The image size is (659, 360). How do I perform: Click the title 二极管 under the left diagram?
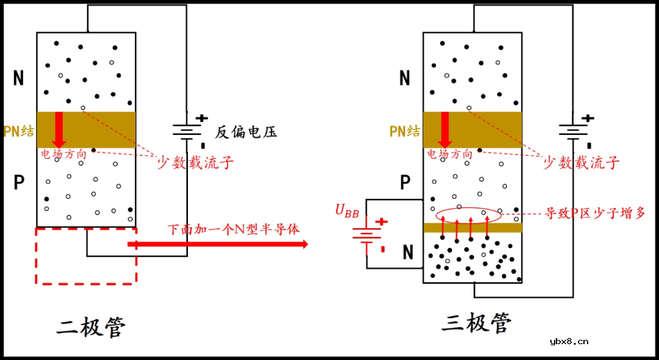(x=91, y=327)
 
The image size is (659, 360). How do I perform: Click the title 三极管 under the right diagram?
(x=477, y=323)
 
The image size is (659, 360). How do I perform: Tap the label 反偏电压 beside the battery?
(x=245, y=132)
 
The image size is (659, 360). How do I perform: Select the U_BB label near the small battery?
(x=347, y=211)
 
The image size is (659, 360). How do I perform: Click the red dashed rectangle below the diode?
(x=86, y=256)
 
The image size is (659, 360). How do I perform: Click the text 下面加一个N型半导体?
(x=234, y=229)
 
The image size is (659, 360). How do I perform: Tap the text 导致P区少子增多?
(x=594, y=214)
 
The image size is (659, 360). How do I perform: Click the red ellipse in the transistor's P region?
(x=469, y=215)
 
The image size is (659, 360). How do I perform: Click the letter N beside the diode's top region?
(x=18, y=78)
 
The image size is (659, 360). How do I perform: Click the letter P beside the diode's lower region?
(x=19, y=182)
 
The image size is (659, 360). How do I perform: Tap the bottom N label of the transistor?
(x=408, y=252)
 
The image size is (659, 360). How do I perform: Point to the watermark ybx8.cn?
(x=569, y=341)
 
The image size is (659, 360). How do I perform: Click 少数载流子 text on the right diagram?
(x=581, y=162)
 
